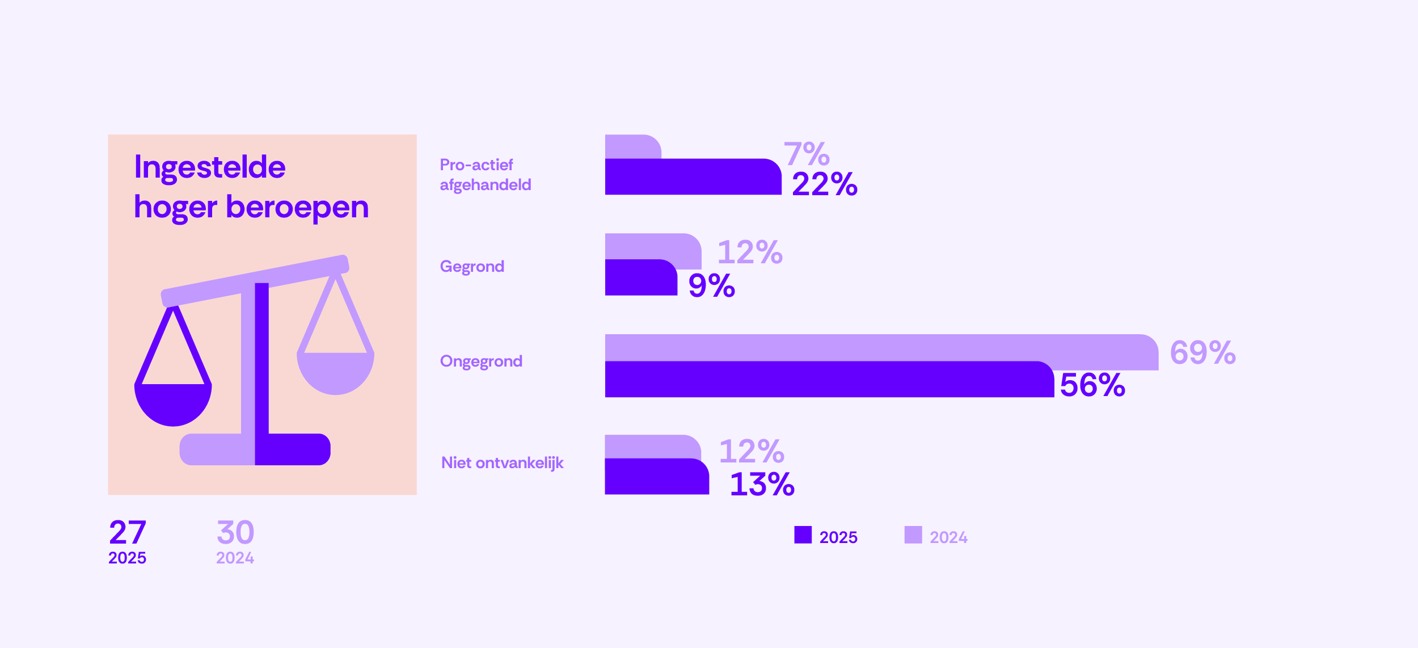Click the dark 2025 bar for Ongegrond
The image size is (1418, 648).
click(828, 380)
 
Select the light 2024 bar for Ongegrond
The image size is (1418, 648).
click(879, 347)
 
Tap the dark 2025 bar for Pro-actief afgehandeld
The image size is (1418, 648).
click(692, 177)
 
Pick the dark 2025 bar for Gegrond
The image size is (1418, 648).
click(640, 278)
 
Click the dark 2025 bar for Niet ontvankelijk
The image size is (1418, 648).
click(656, 477)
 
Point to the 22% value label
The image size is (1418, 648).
click(824, 184)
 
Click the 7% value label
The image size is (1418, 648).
click(806, 154)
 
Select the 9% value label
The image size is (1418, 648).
click(711, 285)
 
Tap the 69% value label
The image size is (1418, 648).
click(1202, 353)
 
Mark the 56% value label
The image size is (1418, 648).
click(1092, 385)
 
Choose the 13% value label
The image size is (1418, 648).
click(762, 485)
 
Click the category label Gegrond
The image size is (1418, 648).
click(472, 267)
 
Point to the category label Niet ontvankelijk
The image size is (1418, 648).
click(502, 463)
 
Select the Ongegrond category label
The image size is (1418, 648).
click(481, 361)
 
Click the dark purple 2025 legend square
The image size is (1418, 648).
click(803, 535)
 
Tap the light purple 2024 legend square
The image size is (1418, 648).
click(913, 535)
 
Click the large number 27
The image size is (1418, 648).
click(128, 532)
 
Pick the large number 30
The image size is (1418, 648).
click(235, 532)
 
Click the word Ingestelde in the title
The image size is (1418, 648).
click(210, 167)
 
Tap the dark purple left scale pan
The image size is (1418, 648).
click(173, 404)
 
